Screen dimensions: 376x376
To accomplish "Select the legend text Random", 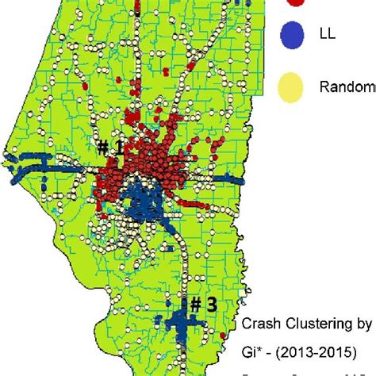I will coord(346,87).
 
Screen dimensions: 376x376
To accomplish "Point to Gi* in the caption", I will coord(251,350).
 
